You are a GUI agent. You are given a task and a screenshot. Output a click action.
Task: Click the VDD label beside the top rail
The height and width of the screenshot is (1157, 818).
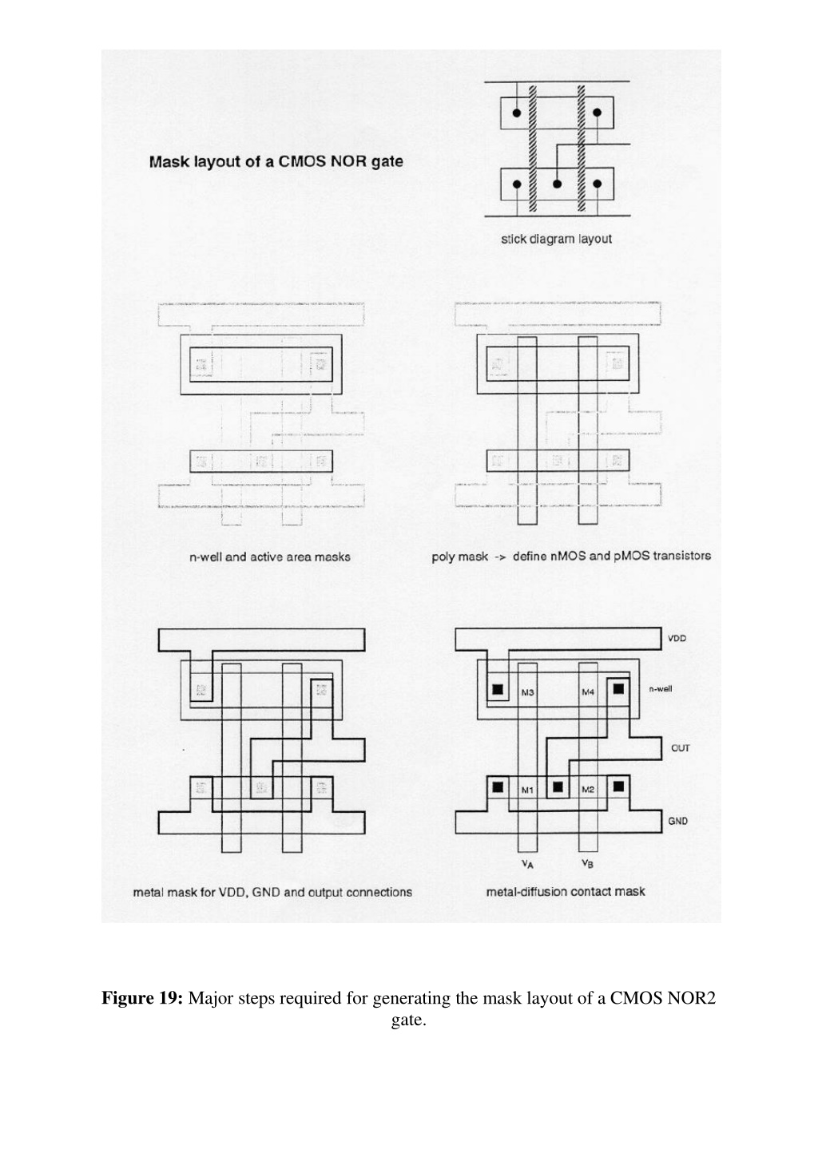point(677,639)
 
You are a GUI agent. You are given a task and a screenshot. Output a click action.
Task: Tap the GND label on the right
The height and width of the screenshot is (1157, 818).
point(677,822)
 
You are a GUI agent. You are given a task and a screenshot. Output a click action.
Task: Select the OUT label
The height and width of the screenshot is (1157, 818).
point(680,748)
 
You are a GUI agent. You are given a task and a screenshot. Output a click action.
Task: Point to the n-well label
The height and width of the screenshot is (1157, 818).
point(661,688)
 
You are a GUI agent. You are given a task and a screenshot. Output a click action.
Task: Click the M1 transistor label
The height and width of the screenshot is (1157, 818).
point(527,790)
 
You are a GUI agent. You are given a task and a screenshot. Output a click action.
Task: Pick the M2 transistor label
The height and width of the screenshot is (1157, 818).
point(588,789)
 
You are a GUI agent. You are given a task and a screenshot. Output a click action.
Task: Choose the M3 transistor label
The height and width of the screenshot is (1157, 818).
point(527,692)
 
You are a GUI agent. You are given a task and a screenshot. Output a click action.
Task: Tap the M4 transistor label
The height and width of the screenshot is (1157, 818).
point(588,692)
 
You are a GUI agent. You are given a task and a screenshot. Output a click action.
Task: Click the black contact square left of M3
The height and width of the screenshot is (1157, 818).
point(498,689)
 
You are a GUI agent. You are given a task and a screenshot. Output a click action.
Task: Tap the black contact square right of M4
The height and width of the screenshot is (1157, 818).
point(618,688)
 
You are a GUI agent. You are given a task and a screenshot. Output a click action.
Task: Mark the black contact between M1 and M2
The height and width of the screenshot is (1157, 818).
point(558,787)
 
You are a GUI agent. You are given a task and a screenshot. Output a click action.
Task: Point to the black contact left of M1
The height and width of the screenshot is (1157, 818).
point(498,787)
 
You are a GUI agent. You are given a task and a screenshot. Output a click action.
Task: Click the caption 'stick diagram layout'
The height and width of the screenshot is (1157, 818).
point(556,240)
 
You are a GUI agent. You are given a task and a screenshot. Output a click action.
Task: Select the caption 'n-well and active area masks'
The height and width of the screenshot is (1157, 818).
point(270,557)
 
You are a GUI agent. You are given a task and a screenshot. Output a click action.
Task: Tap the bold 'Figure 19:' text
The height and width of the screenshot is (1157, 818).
point(142,997)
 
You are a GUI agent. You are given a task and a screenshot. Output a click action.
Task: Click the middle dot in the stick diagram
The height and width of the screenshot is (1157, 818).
point(557,184)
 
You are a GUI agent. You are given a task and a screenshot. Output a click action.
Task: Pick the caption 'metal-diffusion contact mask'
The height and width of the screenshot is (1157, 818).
point(566,891)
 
